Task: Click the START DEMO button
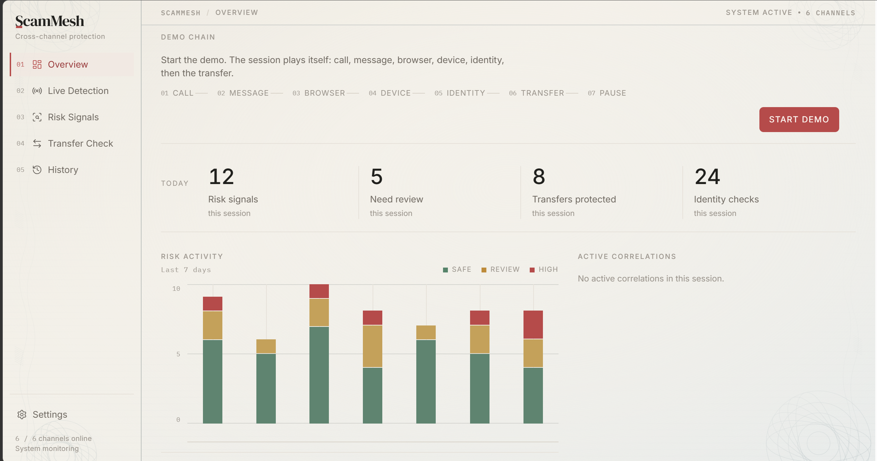tap(799, 120)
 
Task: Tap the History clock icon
tap(37, 170)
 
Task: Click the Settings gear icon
tap(22, 415)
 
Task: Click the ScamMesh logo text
tap(50, 21)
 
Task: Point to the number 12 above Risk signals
tap(221, 176)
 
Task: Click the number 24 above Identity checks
tap(707, 176)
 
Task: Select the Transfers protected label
tap(574, 199)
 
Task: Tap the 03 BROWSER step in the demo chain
tap(319, 93)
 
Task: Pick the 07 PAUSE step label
tap(607, 93)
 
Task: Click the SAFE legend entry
tap(457, 269)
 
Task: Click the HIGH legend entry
tap(544, 269)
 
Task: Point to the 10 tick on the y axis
tap(176, 289)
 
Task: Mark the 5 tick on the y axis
tap(178, 354)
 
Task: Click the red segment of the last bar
tap(533, 324)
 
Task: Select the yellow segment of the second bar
tap(266, 346)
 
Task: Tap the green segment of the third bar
tap(319, 375)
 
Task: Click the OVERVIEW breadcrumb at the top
tap(237, 12)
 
